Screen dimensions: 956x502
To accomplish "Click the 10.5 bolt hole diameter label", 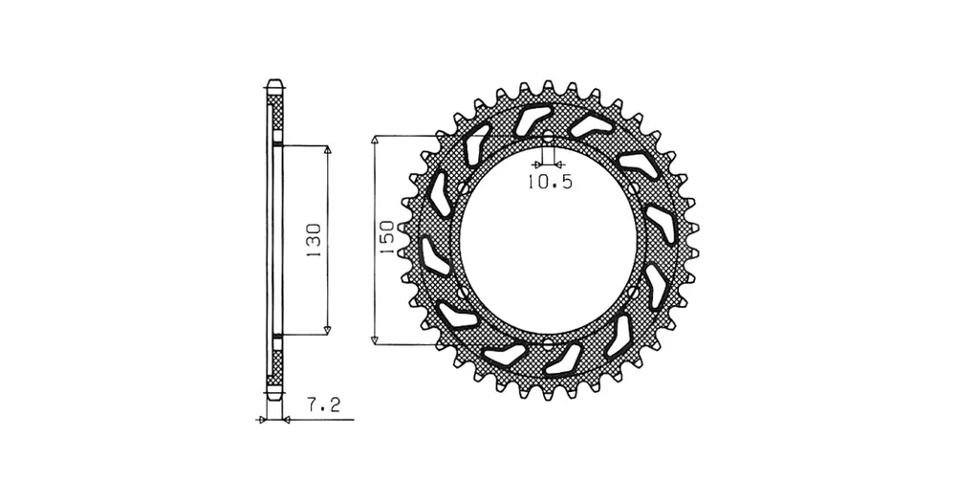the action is click(x=550, y=182).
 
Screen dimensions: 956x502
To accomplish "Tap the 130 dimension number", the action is click(x=314, y=240).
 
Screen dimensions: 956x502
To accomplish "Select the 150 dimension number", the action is click(x=386, y=237).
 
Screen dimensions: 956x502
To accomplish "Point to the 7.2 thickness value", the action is click(x=323, y=405).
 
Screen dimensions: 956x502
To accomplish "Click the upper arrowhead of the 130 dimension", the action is click(x=327, y=150).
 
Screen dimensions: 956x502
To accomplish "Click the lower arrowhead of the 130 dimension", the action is click(x=327, y=330).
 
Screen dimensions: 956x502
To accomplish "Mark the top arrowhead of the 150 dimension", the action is click(x=375, y=141).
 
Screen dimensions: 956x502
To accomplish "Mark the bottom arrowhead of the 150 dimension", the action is click(x=375, y=339).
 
